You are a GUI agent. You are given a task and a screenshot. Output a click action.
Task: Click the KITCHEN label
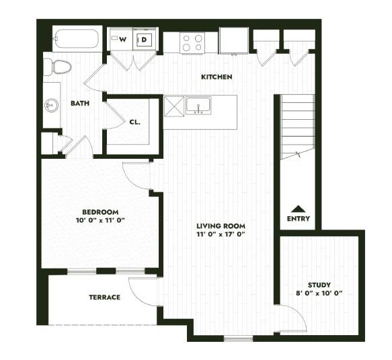pyautogui.click(x=217, y=77)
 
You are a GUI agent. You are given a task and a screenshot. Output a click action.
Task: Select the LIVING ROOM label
pyautogui.click(x=221, y=225)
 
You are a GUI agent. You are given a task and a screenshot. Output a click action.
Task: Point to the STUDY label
pyautogui.click(x=319, y=285)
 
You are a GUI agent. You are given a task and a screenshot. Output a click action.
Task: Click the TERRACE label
pyautogui.click(x=104, y=297)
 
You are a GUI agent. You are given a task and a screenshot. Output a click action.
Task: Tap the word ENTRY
pyautogui.click(x=298, y=219)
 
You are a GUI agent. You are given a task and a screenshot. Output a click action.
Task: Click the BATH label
pyautogui.click(x=81, y=104)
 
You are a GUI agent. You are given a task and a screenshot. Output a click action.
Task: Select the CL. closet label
pyautogui.click(x=134, y=122)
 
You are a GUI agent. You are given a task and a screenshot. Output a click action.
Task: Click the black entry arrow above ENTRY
pyautogui.click(x=298, y=208)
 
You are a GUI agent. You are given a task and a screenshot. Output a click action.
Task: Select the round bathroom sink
pyautogui.click(x=51, y=105)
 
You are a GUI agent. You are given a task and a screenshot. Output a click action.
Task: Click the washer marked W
pyautogui.click(x=122, y=40)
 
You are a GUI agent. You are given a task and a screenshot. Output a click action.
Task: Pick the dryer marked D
pyautogui.click(x=145, y=40)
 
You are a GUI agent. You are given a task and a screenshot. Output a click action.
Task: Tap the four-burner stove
pyautogui.click(x=192, y=43)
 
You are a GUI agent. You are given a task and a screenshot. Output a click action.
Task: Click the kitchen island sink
pyautogui.click(x=198, y=106)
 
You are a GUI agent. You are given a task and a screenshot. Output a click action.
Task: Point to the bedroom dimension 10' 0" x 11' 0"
pyautogui.click(x=101, y=220)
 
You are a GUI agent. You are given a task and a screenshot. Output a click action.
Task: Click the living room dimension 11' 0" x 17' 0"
pyautogui.click(x=221, y=235)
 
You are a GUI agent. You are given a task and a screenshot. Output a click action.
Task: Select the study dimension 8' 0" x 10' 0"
pyautogui.click(x=320, y=293)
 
